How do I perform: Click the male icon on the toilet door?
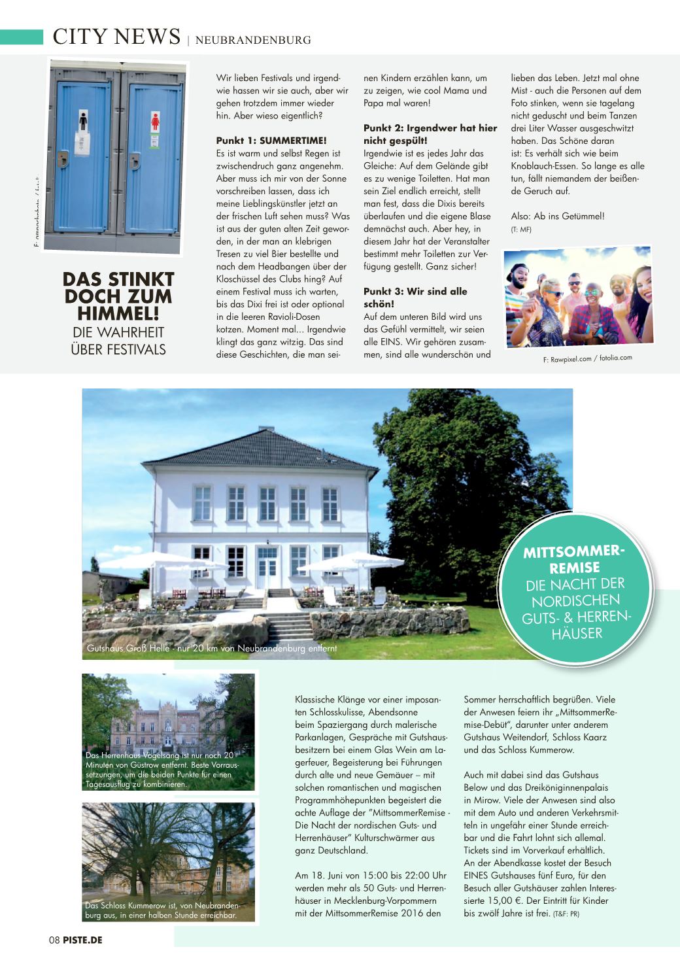tap(83, 121)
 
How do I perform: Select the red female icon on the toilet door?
tap(156, 121)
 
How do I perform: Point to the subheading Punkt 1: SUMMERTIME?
tap(271, 141)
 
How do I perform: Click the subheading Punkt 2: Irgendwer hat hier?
tap(430, 128)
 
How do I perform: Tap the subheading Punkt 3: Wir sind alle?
tap(415, 292)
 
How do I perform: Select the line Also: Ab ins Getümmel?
tap(558, 216)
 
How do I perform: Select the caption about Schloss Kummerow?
tap(162, 910)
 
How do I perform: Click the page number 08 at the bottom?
tap(54, 940)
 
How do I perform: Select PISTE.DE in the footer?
tap(82, 940)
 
